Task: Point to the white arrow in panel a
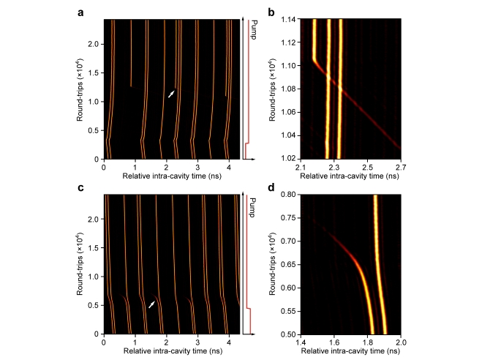click(172, 93)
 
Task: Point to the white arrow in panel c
click(151, 303)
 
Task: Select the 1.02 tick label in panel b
click(287, 158)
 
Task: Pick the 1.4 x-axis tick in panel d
click(301, 342)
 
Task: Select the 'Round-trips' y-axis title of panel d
click(271, 264)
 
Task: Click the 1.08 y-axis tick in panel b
click(287, 89)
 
